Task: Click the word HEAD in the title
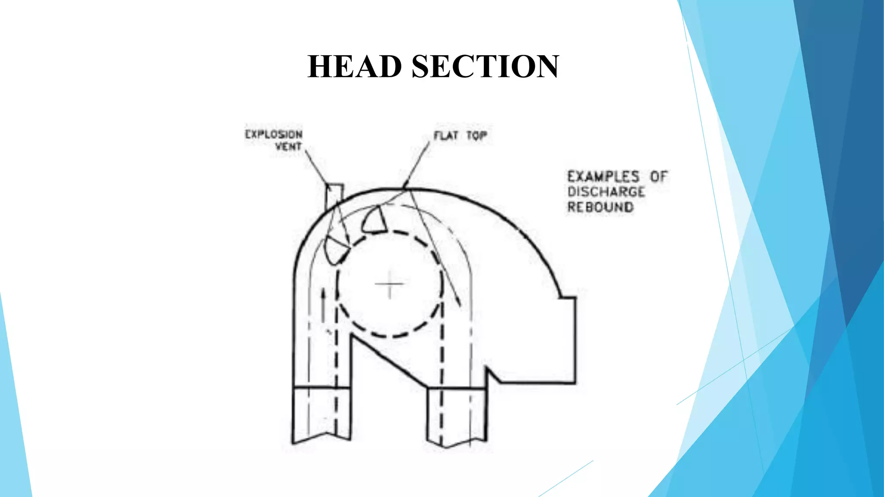[355, 66]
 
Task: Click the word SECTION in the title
[486, 66]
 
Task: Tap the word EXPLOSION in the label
[274, 134]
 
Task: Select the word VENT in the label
[288, 147]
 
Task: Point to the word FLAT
[446, 136]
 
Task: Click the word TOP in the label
[477, 136]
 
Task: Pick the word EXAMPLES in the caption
[603, 176]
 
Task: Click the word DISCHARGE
[606, 192]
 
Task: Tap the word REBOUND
[600, 207]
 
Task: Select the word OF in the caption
[659, 176]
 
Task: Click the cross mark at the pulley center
[389, 284]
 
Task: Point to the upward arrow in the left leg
[322, 306]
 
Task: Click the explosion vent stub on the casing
[334, 198]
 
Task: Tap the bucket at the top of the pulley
[374, 220]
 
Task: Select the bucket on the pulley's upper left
[336, 250]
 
